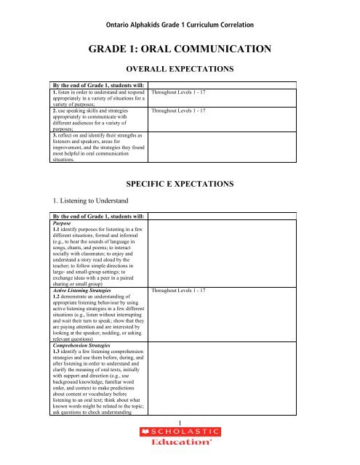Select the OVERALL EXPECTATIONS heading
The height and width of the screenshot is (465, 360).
180,71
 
